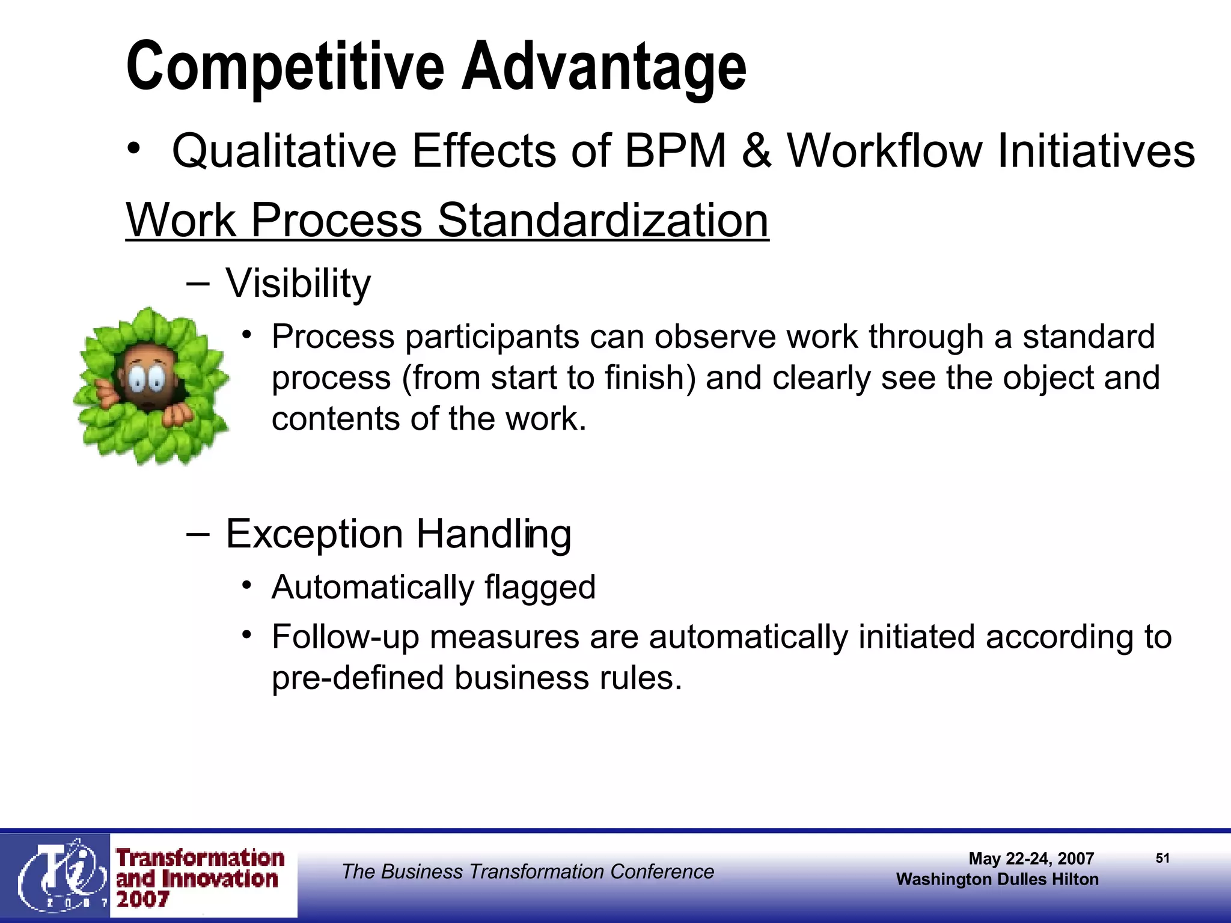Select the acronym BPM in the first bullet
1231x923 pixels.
click(676, 150)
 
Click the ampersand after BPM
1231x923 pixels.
click(756, 150)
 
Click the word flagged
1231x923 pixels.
click(540, 587)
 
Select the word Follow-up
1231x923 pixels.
click(345, 637)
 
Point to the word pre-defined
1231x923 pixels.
click(357, 678)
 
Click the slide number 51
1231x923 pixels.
click(1162, 858)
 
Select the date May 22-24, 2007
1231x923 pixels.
click(1031, 859)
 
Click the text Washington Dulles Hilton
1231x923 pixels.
click(997, 879)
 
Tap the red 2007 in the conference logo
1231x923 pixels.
click(142, 900)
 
